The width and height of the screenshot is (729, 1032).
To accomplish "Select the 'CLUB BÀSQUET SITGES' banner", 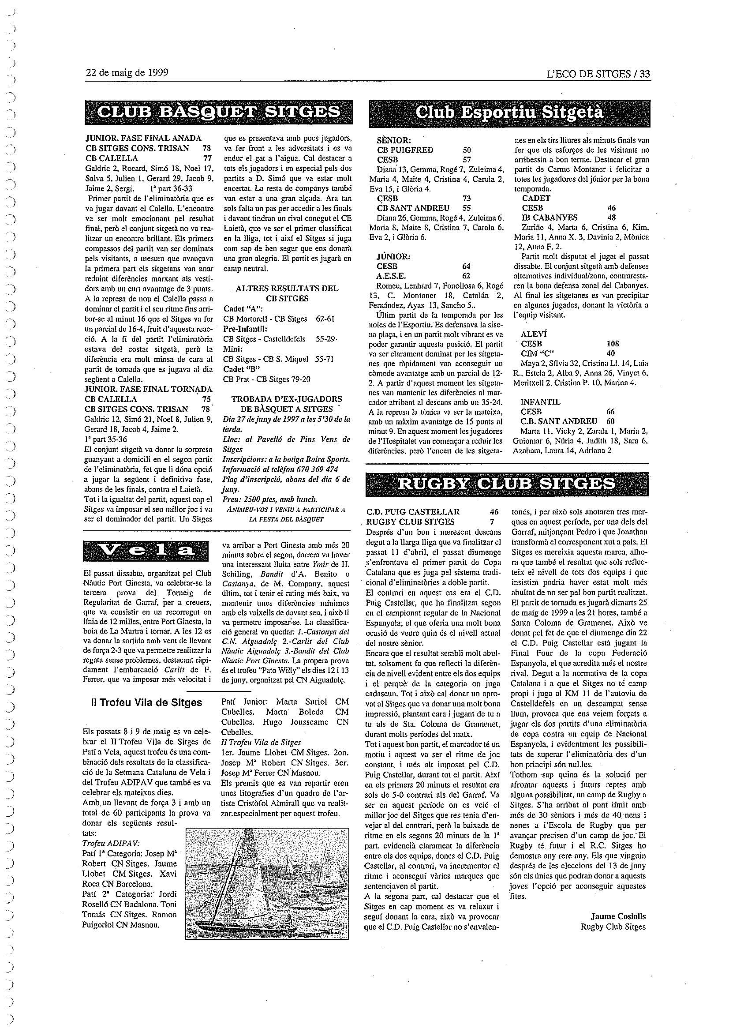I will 218,112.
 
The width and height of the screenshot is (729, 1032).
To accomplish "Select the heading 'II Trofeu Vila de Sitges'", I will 146,702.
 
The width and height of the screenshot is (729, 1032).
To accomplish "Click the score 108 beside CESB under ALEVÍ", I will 613,344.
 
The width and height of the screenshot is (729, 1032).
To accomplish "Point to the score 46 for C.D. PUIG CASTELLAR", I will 494,511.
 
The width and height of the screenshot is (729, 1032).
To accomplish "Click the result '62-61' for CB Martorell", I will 326,319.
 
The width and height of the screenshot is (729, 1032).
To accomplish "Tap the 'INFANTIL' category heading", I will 535,402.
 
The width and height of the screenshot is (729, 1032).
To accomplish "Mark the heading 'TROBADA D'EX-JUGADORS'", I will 287,399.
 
